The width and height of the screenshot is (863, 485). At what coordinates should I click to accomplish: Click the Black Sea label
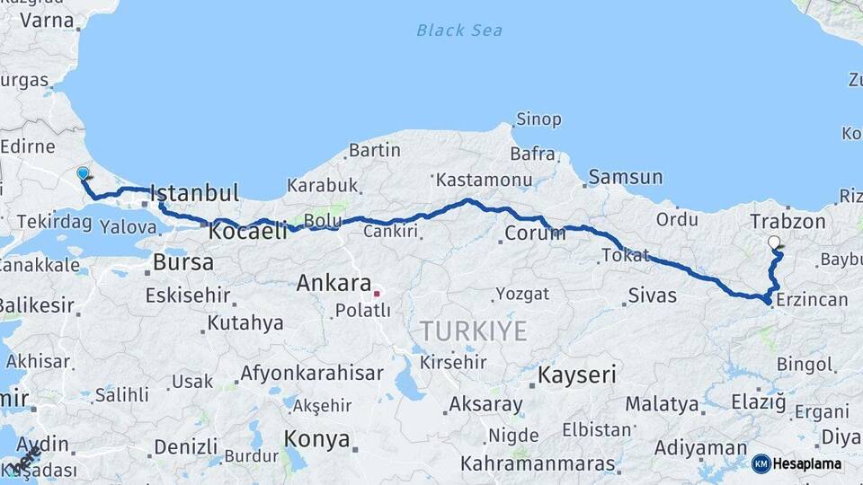coord(458,31)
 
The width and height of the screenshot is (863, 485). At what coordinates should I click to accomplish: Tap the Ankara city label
coord(334,284)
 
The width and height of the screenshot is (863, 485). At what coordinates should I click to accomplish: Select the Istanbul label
coord(194,193)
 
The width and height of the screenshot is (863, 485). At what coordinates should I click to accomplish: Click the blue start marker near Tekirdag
coord(83,172)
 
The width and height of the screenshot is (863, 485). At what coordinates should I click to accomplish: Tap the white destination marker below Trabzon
coord(774,242)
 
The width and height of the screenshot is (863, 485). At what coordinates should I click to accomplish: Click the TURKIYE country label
coord(473,331)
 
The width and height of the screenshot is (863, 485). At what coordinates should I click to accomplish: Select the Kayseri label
coord(576,375)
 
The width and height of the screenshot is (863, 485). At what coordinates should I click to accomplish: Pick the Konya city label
coord(316,439)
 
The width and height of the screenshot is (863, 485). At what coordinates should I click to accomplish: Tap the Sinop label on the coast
coord(538,119)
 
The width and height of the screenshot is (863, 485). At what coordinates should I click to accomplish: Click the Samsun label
coord(627,177)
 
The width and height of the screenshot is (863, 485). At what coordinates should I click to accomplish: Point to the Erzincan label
coord(810,299)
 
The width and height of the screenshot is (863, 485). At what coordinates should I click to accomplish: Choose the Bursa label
coord(183,263)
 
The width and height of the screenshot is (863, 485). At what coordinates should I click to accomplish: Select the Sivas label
coord(653,295)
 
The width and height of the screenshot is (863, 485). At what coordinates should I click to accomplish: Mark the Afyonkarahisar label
coord(311,374)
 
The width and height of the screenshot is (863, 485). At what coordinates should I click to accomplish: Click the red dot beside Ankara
coord(378,292)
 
